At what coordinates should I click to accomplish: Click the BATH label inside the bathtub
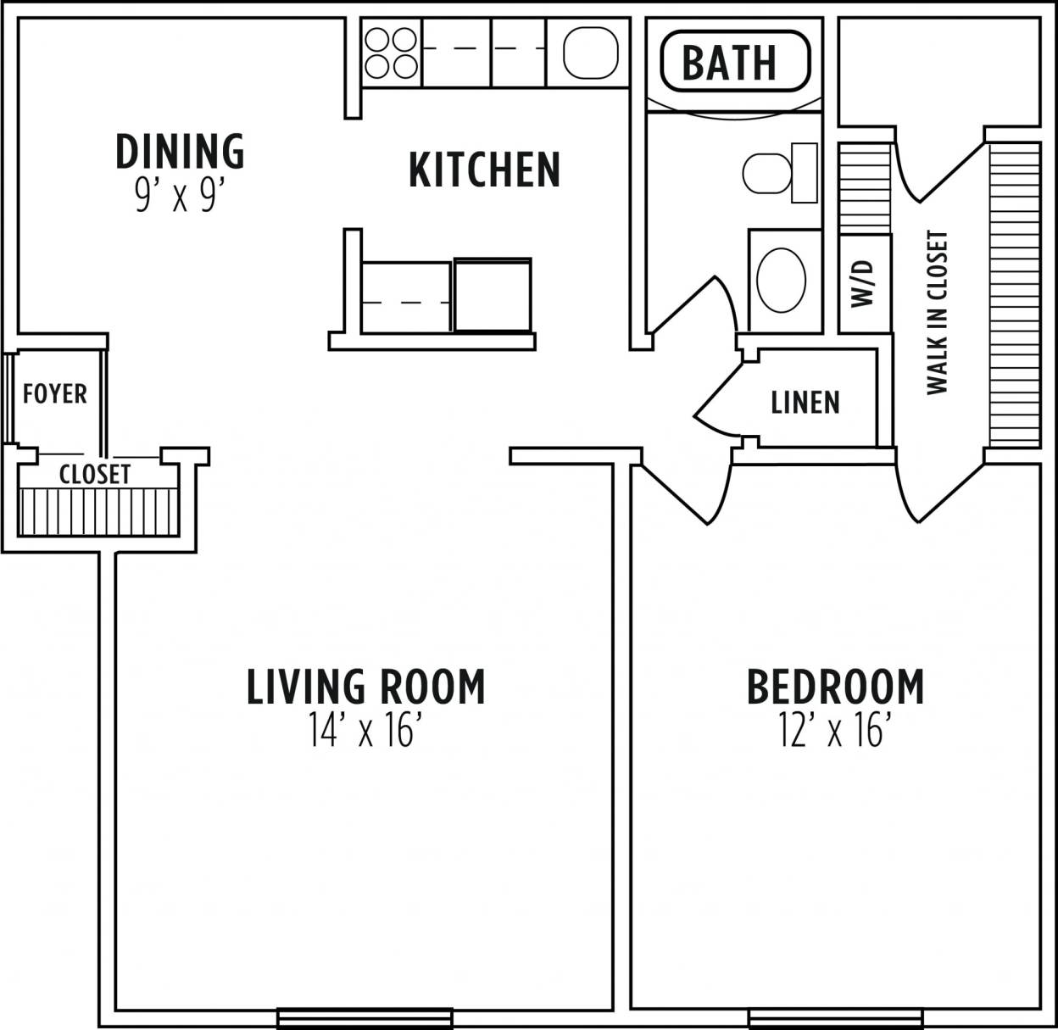click(729, 62)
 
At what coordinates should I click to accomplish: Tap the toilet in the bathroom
click(778, 173)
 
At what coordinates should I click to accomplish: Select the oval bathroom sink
click(781, 280)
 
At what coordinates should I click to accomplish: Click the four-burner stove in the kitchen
click(391, 53)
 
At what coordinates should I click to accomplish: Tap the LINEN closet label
click(805, 402)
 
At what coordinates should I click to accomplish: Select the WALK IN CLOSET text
click(937, 313)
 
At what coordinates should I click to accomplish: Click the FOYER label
click(54, 394)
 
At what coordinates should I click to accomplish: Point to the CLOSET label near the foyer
click(95, 475)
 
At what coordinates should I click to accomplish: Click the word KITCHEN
click(484, 170)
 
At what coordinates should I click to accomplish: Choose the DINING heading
click(180, 151)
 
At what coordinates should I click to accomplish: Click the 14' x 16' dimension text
click(365, 731)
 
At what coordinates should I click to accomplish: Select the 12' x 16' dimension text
click(835, 731)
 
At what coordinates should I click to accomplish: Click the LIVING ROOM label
click(365, 687)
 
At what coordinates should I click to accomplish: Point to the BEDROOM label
click(835, 687)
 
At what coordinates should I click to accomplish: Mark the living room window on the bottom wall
click(365, 1016)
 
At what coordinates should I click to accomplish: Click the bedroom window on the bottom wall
click(835, 1016)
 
